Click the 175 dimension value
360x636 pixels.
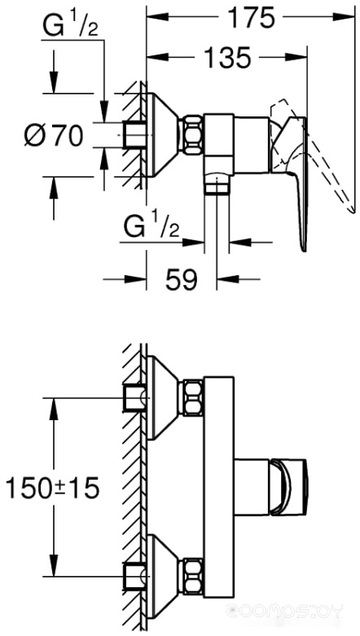point(251,18)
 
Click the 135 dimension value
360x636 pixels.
point(227,58)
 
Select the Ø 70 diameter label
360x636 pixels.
point(54,135)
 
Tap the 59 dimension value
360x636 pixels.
point(181,279)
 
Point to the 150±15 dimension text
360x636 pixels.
point(52,488)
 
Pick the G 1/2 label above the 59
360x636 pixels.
point(151,227)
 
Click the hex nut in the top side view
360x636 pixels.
point(191,135)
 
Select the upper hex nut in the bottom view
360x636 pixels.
point(192,398)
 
